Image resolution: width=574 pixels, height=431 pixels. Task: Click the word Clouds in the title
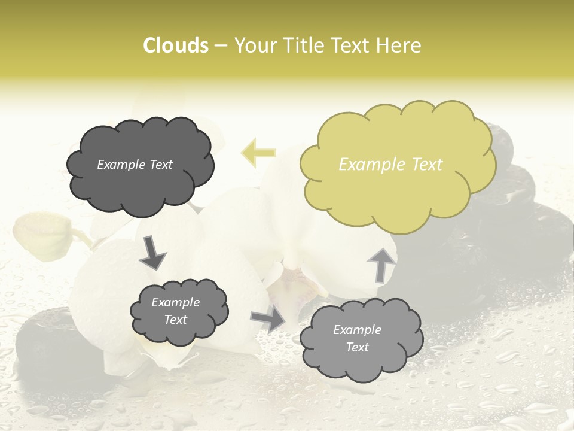coord(175,45)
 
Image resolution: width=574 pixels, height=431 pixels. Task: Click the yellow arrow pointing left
coord(258,153)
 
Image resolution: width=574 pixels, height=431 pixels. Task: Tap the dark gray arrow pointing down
coord(152,251)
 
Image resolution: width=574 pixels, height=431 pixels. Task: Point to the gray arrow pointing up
coord(381,264)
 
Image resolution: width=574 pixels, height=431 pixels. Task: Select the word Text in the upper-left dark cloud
coord(161,165)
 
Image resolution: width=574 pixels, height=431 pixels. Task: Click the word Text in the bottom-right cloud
coord(358,347)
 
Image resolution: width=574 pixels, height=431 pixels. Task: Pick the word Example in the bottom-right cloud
coord(357,330)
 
